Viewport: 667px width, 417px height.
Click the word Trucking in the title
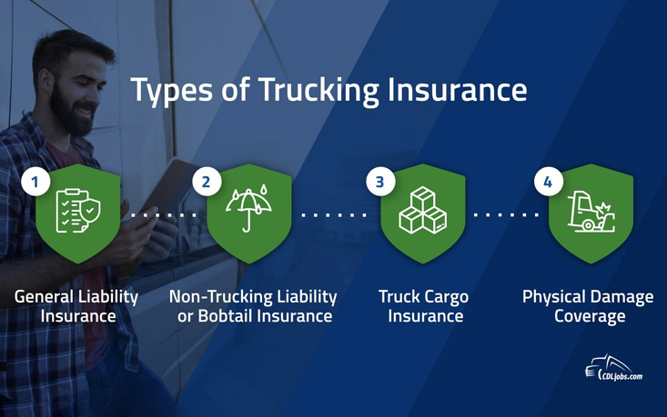[318, 91]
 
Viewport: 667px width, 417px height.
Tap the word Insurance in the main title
[458, 90]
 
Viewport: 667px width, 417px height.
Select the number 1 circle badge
[35, 182]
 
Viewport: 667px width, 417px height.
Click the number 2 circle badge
[207, 182]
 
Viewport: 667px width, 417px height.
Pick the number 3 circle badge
[380, 182]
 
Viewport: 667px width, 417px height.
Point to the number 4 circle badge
[549, 182]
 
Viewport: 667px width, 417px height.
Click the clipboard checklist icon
[78, 211]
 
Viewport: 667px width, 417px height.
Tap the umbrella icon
[248, 208]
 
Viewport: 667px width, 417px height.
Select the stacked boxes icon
[423, 210]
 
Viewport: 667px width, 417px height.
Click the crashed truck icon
[591, 211]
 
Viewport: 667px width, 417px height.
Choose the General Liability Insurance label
[76, 306]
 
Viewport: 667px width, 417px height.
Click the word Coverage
[590, 317]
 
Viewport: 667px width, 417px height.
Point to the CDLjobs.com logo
[614, 368]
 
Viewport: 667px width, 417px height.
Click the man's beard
[71, 111]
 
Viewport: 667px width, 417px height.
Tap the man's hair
[72, 50]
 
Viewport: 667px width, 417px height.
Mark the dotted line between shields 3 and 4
[506, 215]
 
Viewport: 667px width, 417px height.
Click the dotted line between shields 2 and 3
[334, 215]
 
